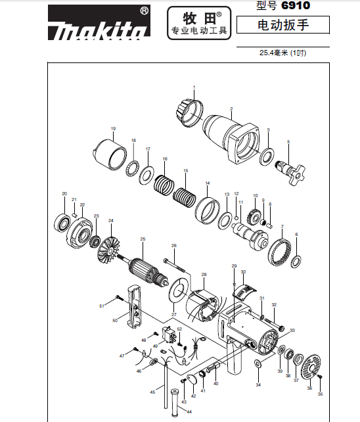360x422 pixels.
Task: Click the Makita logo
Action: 99,23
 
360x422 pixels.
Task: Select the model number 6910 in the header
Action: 296,5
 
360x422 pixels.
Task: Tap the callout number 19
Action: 113,129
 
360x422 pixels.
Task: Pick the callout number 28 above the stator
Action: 204,275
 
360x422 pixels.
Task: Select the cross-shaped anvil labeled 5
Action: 290,172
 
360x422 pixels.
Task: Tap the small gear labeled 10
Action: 254,216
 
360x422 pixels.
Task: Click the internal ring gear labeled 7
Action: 280,252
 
